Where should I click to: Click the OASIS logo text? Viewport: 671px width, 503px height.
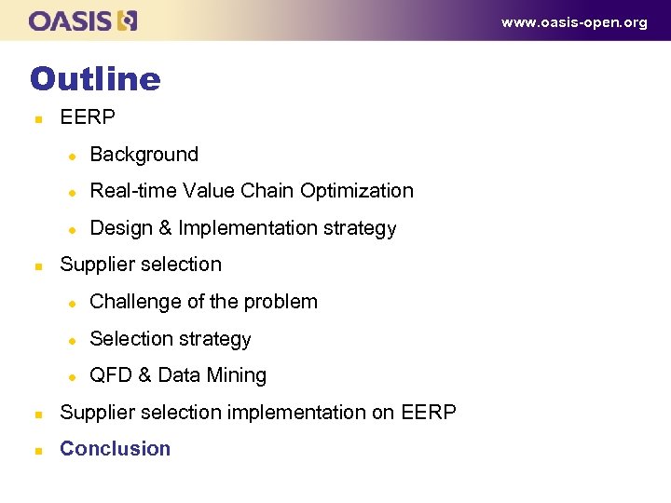coord(71,20)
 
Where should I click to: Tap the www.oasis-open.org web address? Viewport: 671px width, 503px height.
coord(574,22)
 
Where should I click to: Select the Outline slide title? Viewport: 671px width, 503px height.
coord(95,78)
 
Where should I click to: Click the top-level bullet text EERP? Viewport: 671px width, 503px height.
coord(88,117)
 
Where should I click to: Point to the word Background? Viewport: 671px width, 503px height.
coord(144,155)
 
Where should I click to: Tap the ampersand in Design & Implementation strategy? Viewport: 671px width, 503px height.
coord(165,228)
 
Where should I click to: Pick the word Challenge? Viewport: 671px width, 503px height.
coord(131,302)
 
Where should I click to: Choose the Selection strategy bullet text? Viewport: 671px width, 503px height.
coord(171,339)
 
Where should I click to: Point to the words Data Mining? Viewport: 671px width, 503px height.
coord(212,375)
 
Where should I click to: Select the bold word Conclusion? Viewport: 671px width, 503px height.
coord(116,449)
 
